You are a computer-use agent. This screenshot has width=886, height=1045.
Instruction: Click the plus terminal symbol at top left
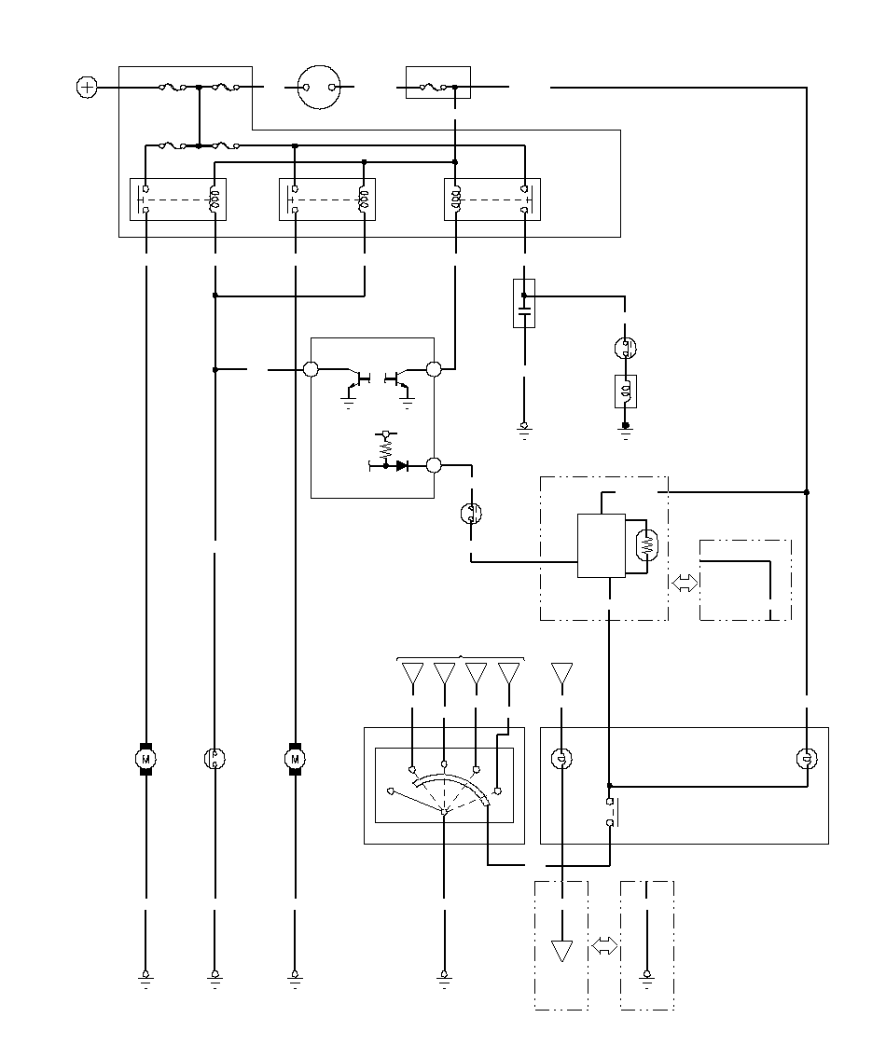(x=87, y=88)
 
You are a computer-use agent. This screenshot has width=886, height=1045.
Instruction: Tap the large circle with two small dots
(x=319, y=88)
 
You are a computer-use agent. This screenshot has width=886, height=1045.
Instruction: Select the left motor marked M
(x=146, y=759)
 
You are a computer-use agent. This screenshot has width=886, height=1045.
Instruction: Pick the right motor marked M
(x=296, y=759)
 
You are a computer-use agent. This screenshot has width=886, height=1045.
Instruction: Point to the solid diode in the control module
(x=401, y=466)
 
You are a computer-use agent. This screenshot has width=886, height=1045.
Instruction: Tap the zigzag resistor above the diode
(x=385, y=448)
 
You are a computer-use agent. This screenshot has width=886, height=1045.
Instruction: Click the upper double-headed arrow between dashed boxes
(x=684, y=584)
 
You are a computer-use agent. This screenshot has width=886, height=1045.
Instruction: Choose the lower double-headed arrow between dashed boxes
(x=604, y=945)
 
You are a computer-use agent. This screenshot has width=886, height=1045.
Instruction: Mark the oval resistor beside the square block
(x=646, y=545)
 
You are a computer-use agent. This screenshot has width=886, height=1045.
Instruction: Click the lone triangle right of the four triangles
(x=562, y=673)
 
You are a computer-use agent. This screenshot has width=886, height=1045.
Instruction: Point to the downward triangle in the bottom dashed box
(x=562, y=950)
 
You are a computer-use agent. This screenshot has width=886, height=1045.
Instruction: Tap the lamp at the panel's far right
(x=807, y=759)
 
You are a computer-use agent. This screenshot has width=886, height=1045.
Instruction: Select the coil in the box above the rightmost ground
(x=626, y=392)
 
